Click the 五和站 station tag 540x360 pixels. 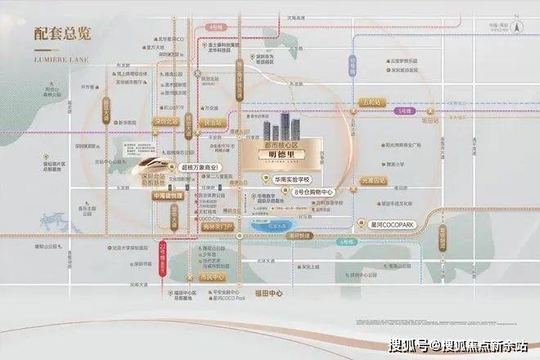[370, 103]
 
